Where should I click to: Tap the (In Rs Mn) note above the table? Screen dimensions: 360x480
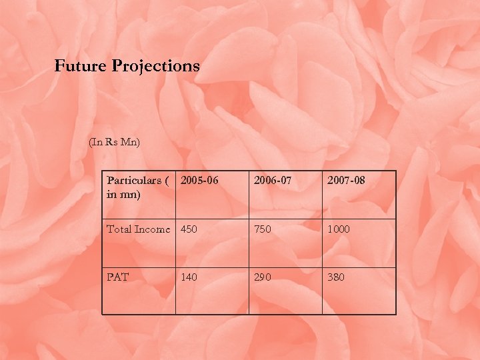click(x=114, y=142)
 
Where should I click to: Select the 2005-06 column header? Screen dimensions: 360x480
click(x=200, y=181)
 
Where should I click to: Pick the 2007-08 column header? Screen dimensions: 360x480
click(x=346, y=181)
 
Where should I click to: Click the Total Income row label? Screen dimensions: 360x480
click(x=139, y=229)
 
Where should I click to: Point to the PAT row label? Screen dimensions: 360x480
click(x=118, y=277)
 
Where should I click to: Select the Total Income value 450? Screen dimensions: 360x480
click(x=189, y=229)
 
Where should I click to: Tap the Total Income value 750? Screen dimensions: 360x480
click(x=262, y=229)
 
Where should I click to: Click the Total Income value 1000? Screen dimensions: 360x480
click(x=338, y=229)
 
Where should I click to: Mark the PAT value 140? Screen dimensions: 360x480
click(x=189, y=277)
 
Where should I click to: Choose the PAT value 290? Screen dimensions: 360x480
click(x=262, y=277)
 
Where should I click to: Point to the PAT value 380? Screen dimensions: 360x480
click(x=335, y=277)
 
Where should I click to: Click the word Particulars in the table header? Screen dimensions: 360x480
click(x=134, y=181)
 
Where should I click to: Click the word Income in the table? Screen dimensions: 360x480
click(x=153, y=229)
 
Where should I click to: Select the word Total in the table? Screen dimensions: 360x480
click(x=119, y=229)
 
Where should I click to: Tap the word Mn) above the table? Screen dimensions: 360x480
click(x=130, y=142)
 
